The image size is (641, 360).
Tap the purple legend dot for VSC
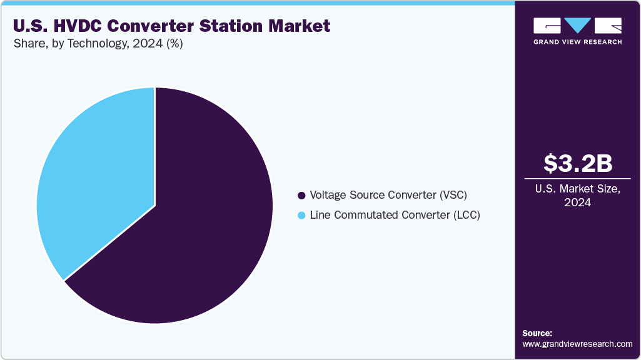(302, 195)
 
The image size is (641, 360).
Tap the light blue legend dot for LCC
(302, 215)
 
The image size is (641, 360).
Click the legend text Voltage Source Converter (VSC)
(388, 195)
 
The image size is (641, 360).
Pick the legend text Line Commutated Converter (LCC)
(395, 215)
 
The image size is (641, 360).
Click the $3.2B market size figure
(577, 164)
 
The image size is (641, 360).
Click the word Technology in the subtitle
(96, 45)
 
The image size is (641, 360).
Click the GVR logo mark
(577, 26)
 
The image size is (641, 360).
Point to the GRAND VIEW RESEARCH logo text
(577, 42)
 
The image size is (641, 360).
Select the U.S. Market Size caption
(577, 189)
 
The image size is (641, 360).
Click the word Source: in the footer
(537, 333)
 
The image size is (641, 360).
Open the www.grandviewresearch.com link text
(577, 344)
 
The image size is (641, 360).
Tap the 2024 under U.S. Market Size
(577, 202)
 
